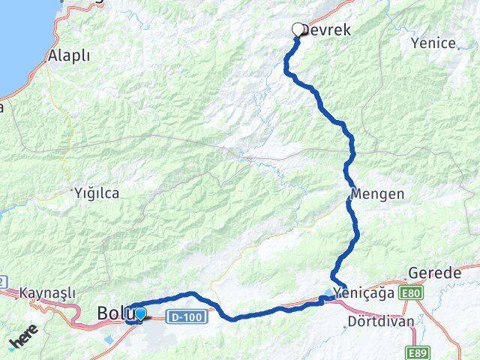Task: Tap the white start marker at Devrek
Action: pos(298,30)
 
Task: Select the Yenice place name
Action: pos(433,43)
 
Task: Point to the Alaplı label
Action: pos(68,55)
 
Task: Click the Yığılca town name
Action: pos(97,193)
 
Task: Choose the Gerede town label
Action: pos(435,274)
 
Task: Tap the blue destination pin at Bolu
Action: pos(140,313)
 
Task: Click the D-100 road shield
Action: pos(184,317)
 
